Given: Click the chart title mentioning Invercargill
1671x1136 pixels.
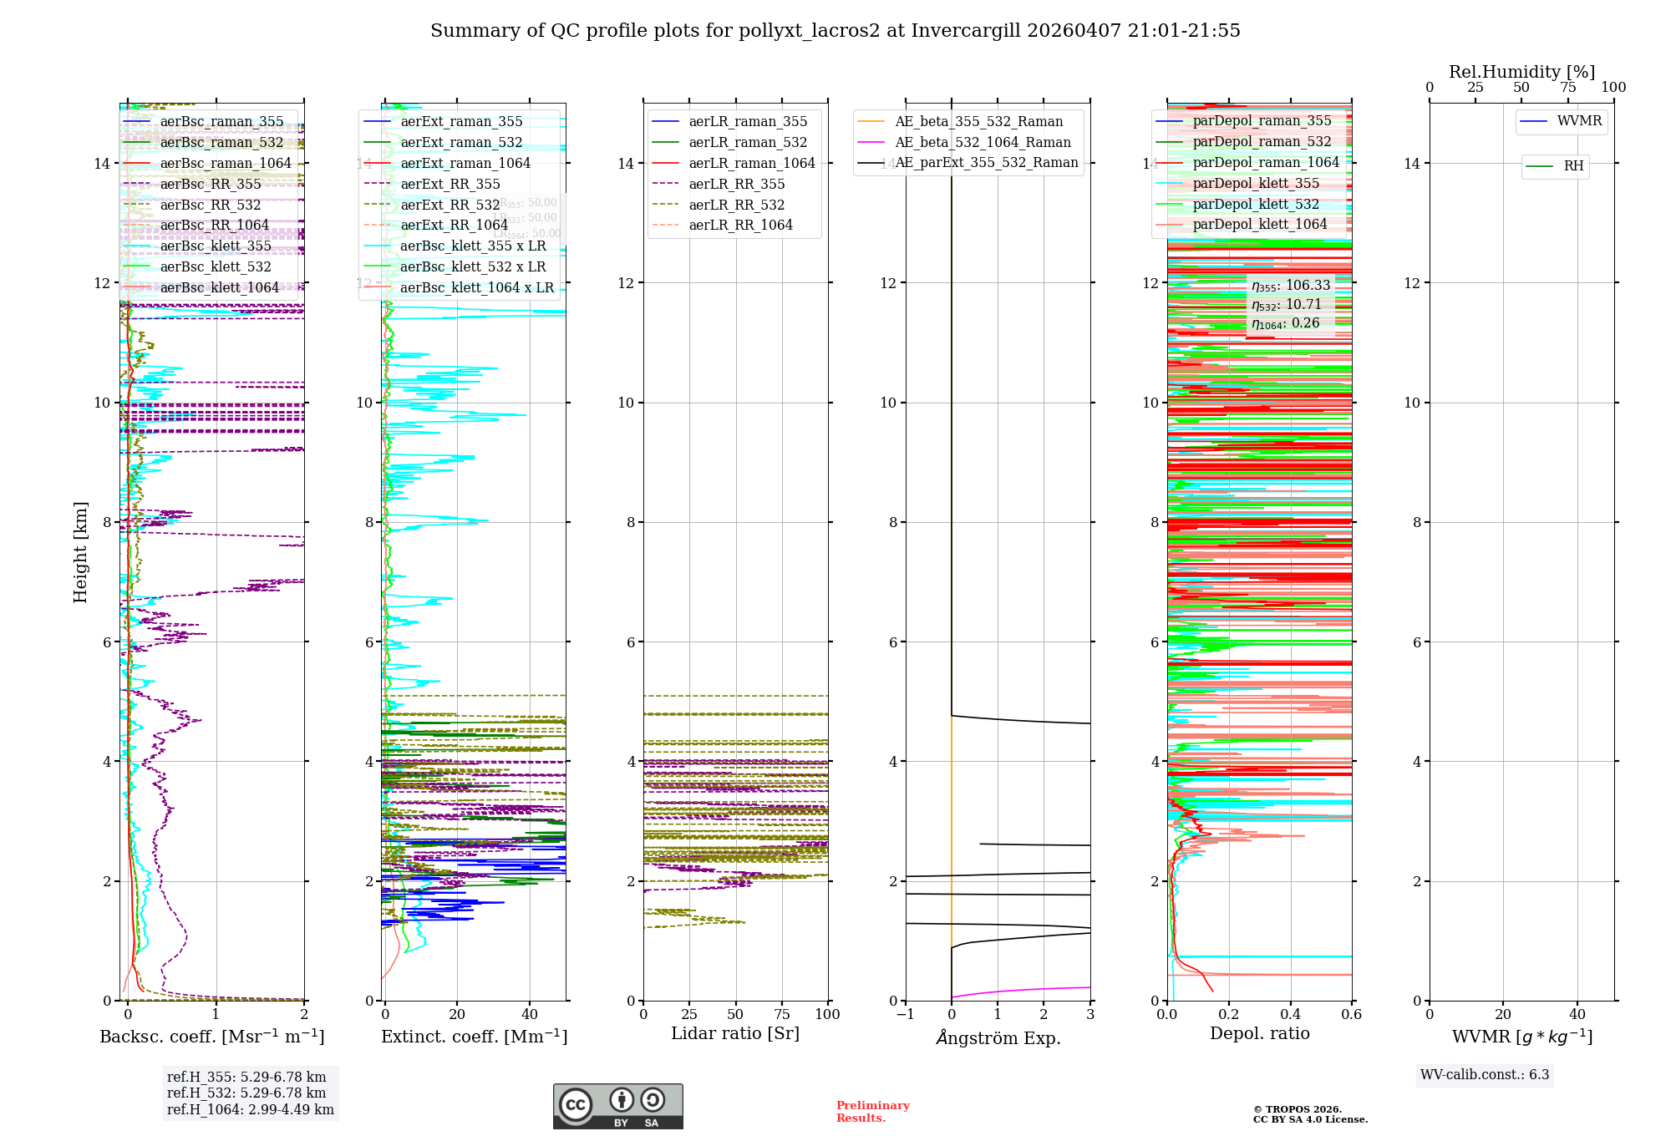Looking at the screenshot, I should click(x=835, y=31).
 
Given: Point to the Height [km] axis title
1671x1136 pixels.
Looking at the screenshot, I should click(x=80, y=552).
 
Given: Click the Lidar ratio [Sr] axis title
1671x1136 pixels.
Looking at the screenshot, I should click(x=735, y=1034).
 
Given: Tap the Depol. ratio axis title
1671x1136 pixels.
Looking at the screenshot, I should click(x=1259, y=1034).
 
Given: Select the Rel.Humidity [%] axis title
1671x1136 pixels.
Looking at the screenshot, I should click(x=1521, y=72).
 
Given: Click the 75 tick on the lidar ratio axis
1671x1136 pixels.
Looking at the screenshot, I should click(x=782, y=1015).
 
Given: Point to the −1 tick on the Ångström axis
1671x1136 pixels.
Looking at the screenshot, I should click(x=905, y=1015).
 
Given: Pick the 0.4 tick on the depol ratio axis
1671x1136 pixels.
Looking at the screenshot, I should click(x=1290, y=1015).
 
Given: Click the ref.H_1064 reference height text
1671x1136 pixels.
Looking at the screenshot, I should click(x=250, y=1110).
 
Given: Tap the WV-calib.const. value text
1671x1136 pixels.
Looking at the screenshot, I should click(x=1485, y=1075).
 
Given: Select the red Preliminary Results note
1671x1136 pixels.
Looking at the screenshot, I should click(x=872, y=1112).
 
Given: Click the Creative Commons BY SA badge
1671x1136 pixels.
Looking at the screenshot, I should click(x=617, y=1107).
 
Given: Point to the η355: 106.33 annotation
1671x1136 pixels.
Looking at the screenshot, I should click(x=1290, y=286).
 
